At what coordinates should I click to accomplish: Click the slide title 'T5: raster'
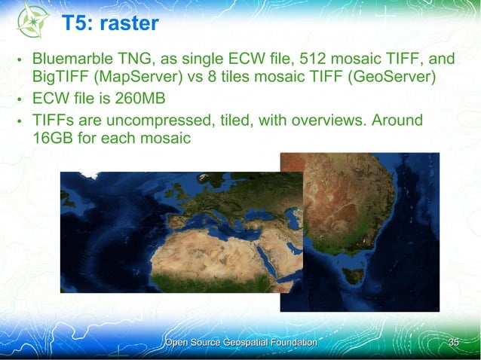pyautogui.click(x=110, y=23)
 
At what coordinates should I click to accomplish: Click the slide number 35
pyautogui.click(x=453, y=343)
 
